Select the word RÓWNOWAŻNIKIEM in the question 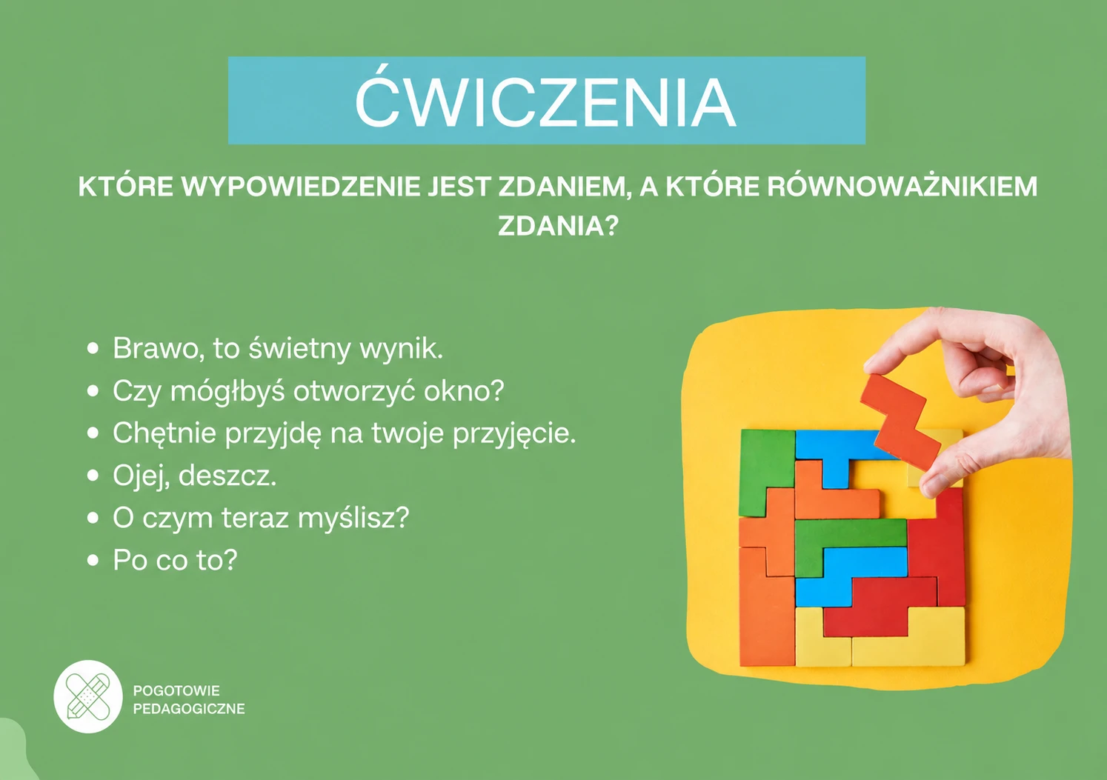(902, 186)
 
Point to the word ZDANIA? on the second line (558, 226)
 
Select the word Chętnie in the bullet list (164, 433)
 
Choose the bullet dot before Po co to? (93, 560)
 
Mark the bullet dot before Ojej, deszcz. (93, 476)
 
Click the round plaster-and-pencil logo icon (88, 696)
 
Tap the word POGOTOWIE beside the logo (176, 690)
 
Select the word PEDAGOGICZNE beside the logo (189, 709)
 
